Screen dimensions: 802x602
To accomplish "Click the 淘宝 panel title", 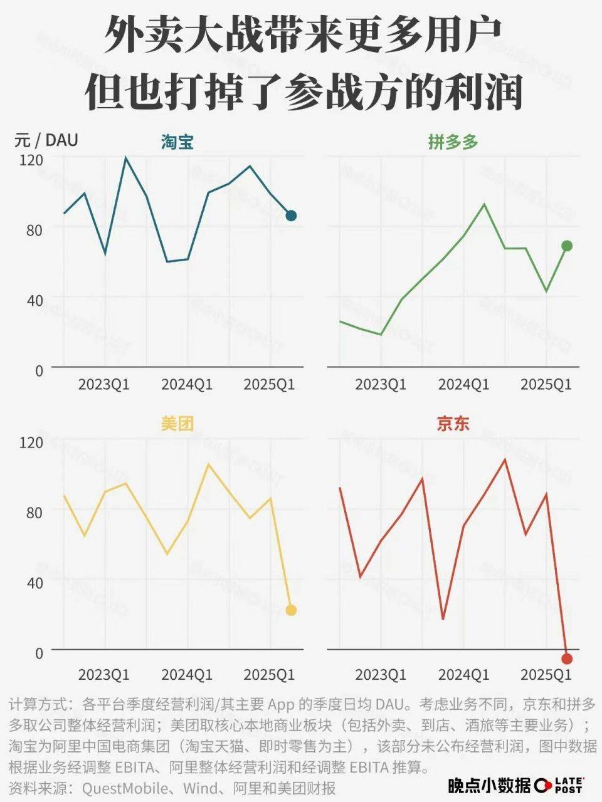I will coord(176,142).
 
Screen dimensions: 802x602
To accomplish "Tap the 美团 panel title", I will coord(176,424).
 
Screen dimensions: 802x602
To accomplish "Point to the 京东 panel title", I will coord(453,424).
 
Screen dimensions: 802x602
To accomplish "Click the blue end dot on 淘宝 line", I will coord(291,216).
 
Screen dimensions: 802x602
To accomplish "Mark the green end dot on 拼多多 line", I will coord(567,246).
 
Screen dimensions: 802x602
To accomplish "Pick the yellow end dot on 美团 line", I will coord(291,610).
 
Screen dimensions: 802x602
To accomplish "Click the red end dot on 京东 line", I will coord(567,659).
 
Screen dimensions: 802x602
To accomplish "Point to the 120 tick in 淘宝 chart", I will coord(31,160).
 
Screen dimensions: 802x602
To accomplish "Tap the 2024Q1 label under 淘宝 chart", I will coord(187,384).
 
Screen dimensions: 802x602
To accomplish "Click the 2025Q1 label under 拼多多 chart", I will coord(546,384).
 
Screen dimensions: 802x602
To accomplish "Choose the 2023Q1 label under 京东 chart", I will coord(381,675).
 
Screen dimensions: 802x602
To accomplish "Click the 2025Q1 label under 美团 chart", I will coord(269,675).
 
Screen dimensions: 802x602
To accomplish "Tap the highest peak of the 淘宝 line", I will coord(125,157).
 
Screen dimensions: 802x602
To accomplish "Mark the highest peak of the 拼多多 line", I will coord(484,204).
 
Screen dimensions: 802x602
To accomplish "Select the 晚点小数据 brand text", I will coord(489,785).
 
